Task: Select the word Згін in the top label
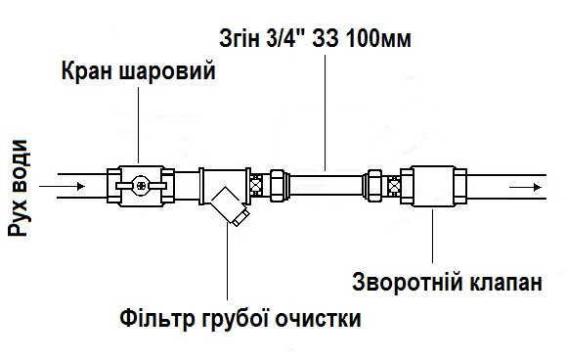[x=239, y=40]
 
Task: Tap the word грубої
[x=237, y=320]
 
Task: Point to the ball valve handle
[x=136, y=183]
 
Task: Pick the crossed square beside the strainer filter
[x=257, y=183]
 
